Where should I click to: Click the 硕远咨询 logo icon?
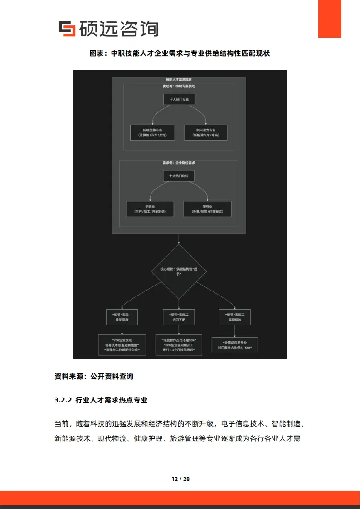pyautogui.click(x=67, y=29)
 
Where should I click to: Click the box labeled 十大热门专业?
pyautogui.click(x=179, y=100)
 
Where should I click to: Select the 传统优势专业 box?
pyautogui.click(x=152, y=132)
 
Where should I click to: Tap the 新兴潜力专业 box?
pyautogui.click(x=205, y=132)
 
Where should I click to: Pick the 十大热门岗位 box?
pyautogui.click(x=179, y=175)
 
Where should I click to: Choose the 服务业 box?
pyautogui.click(x=207, y=209)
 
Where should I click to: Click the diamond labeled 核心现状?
pyautogui.click(x=179, y=271)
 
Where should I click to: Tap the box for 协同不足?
pyautogui.click(x=179, y=317)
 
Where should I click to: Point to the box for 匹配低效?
pyautogui.click(x=235, y=317)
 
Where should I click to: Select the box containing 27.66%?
pyautogui.click(x=235, y=345)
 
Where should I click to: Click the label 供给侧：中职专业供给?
pyautogui.click(x=179, y=86)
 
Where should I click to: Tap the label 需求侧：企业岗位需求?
pyautogui.click(x=179, y=162)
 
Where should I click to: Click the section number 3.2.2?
pyautogui.click(x=63, y=400)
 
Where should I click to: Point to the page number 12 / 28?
pyautogui.click(x=180, y=479)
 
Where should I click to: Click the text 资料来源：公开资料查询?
pyautogui.click(x=94, y=376)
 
